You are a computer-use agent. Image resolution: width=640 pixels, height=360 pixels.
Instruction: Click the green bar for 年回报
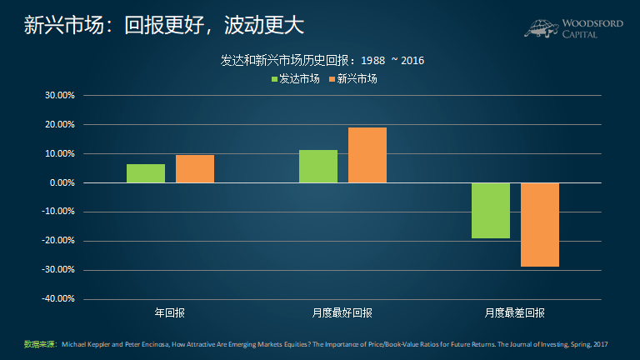146,173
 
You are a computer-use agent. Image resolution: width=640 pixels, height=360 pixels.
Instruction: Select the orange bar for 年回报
195,169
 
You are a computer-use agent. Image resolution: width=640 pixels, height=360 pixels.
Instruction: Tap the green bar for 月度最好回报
318,167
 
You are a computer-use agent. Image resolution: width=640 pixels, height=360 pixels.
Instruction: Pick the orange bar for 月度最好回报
367,155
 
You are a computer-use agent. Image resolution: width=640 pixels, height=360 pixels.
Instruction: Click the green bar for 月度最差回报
490,210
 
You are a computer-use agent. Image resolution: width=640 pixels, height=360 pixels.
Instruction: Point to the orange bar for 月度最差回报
539,224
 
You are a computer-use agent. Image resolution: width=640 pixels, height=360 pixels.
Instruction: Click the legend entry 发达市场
296,78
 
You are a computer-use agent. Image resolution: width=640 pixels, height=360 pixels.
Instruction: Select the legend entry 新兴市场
354,78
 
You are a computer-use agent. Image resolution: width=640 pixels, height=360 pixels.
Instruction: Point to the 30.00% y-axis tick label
59,95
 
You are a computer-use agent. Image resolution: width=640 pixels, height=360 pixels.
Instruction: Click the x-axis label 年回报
170,313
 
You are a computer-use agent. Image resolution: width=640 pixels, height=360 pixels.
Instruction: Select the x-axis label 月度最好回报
342,313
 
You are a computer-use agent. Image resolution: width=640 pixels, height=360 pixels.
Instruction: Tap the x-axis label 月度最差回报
515,313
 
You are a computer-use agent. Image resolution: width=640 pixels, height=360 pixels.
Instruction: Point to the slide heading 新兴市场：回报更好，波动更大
162,25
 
